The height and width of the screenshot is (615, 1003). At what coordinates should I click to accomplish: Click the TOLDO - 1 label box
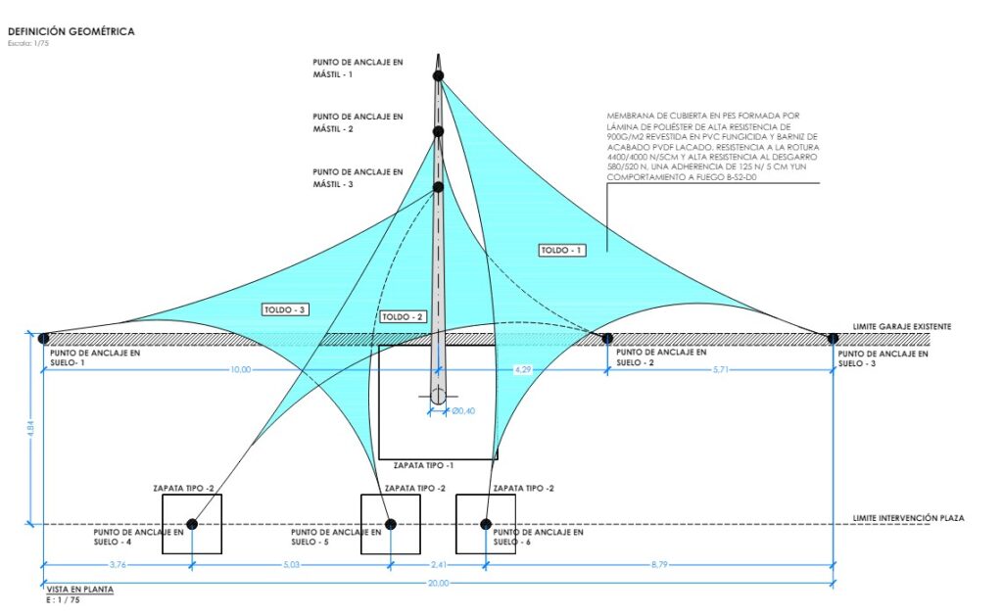tap(563, 251)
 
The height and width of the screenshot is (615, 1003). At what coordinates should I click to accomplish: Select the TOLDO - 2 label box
tap(403, 316)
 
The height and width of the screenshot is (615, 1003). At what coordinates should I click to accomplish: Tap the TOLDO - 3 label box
tap(285, 309)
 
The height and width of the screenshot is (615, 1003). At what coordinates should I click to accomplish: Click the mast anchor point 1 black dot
tap(438, 74)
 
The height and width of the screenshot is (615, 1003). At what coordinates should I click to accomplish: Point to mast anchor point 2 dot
tap(438, 131)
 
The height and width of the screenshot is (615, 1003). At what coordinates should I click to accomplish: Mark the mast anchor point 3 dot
tap(438, 186)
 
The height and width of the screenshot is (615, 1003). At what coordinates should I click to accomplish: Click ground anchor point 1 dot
tap(43, 339)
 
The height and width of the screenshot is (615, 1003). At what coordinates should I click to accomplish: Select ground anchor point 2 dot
tap(607, 339)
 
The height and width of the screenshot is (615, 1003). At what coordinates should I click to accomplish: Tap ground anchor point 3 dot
tap(833, 339)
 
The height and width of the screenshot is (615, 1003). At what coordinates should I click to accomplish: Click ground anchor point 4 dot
tap(192, 524)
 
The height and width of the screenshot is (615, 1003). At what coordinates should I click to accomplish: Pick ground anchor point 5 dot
tap(390, 524)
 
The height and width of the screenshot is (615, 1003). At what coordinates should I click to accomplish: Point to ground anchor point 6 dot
tap(486, 524)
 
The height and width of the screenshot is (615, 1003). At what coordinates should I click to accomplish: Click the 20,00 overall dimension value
tap(438, 583)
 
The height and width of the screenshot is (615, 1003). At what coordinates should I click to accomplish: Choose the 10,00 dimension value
tap(240, 370)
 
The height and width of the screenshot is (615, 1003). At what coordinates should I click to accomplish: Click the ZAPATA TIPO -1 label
tap(424, 465)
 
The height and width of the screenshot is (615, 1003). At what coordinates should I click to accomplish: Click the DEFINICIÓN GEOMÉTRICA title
tap(71, 31)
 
